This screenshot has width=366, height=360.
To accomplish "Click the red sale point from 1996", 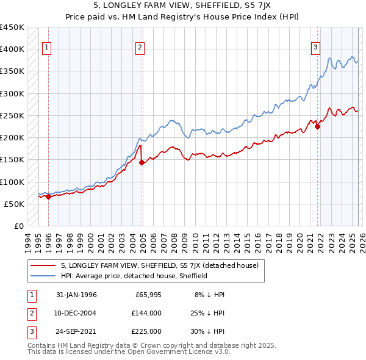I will pos(48,196).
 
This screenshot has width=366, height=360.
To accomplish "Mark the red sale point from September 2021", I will pos(318,127).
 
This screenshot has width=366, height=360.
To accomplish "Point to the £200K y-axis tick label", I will pos(12,138).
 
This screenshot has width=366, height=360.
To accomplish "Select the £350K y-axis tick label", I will pos(12,71).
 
